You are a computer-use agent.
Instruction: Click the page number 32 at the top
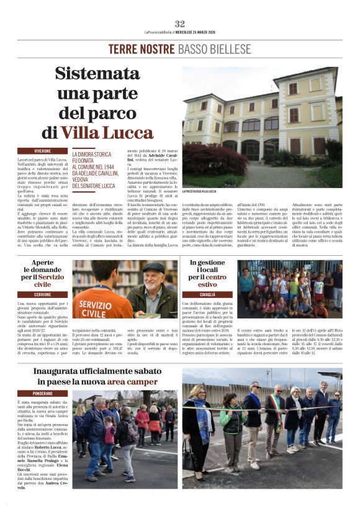click(x=180, y=24)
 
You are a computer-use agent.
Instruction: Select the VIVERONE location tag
click(x=43, y=151)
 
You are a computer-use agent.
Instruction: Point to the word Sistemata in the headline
click(x=106, y=74)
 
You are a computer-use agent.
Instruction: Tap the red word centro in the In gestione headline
click(x=216, y=276)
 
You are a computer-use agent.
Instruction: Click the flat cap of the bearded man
click(x=153, y=268)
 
